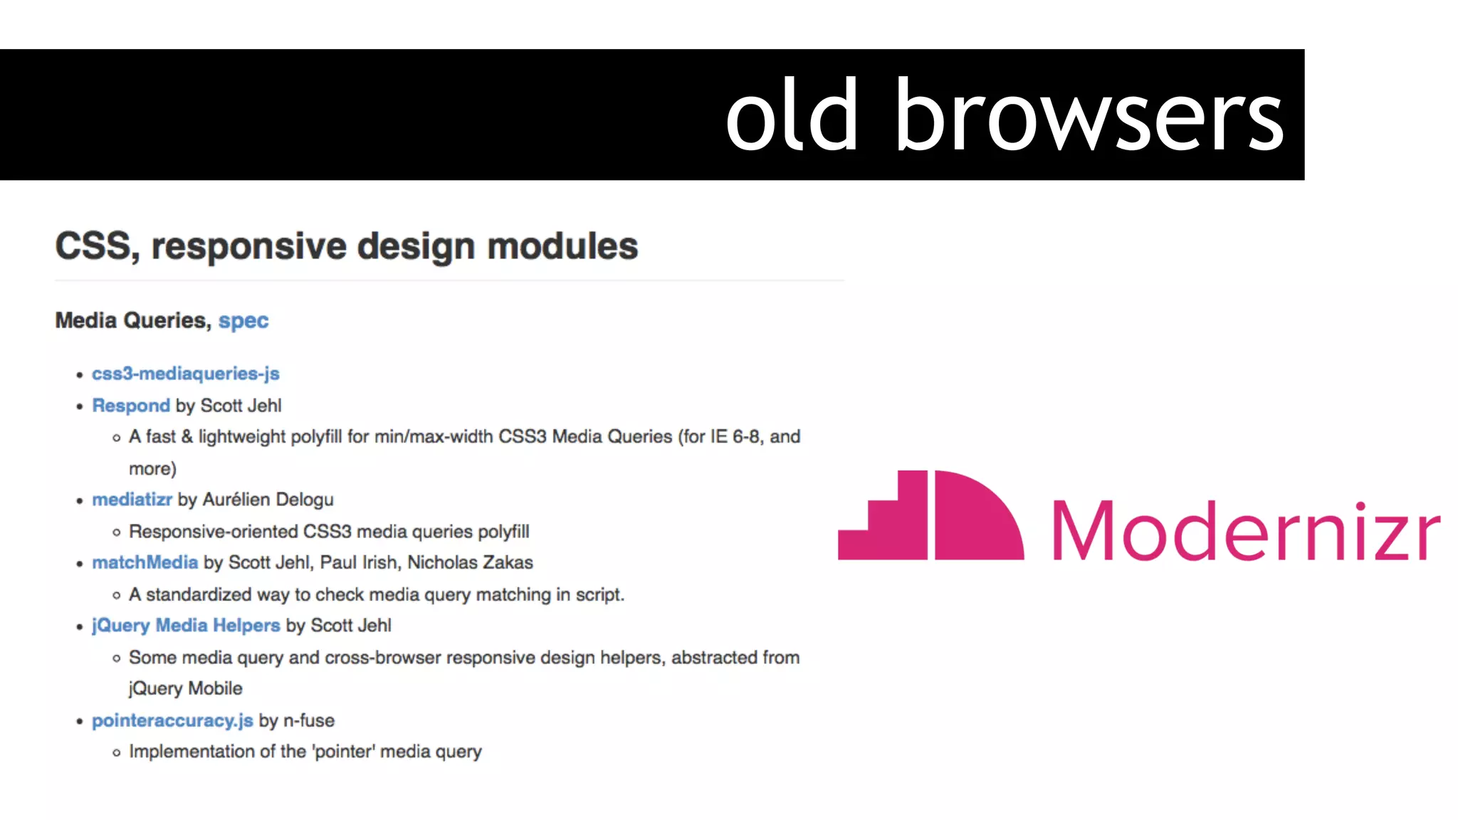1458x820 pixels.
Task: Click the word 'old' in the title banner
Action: (792, 115)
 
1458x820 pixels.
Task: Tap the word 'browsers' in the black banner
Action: (1089, 115)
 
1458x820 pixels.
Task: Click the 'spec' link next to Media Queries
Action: (243, 321)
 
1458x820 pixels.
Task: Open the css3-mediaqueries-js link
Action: (185, 374)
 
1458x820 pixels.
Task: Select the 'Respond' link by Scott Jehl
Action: (131, 406)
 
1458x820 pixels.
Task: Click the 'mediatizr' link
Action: (132, 500)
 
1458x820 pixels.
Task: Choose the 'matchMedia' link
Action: (145, 562)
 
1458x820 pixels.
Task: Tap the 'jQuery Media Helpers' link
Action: (186, 626)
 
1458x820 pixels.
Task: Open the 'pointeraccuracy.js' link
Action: (172, 720)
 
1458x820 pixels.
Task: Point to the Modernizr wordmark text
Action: (1246, 530)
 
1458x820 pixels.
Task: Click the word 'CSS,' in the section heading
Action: (97, 247)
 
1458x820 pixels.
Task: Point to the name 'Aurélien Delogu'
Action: (268, 500)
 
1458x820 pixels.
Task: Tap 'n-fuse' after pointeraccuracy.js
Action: (309, 720)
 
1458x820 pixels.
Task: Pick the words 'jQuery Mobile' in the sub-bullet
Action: (185, 688)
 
